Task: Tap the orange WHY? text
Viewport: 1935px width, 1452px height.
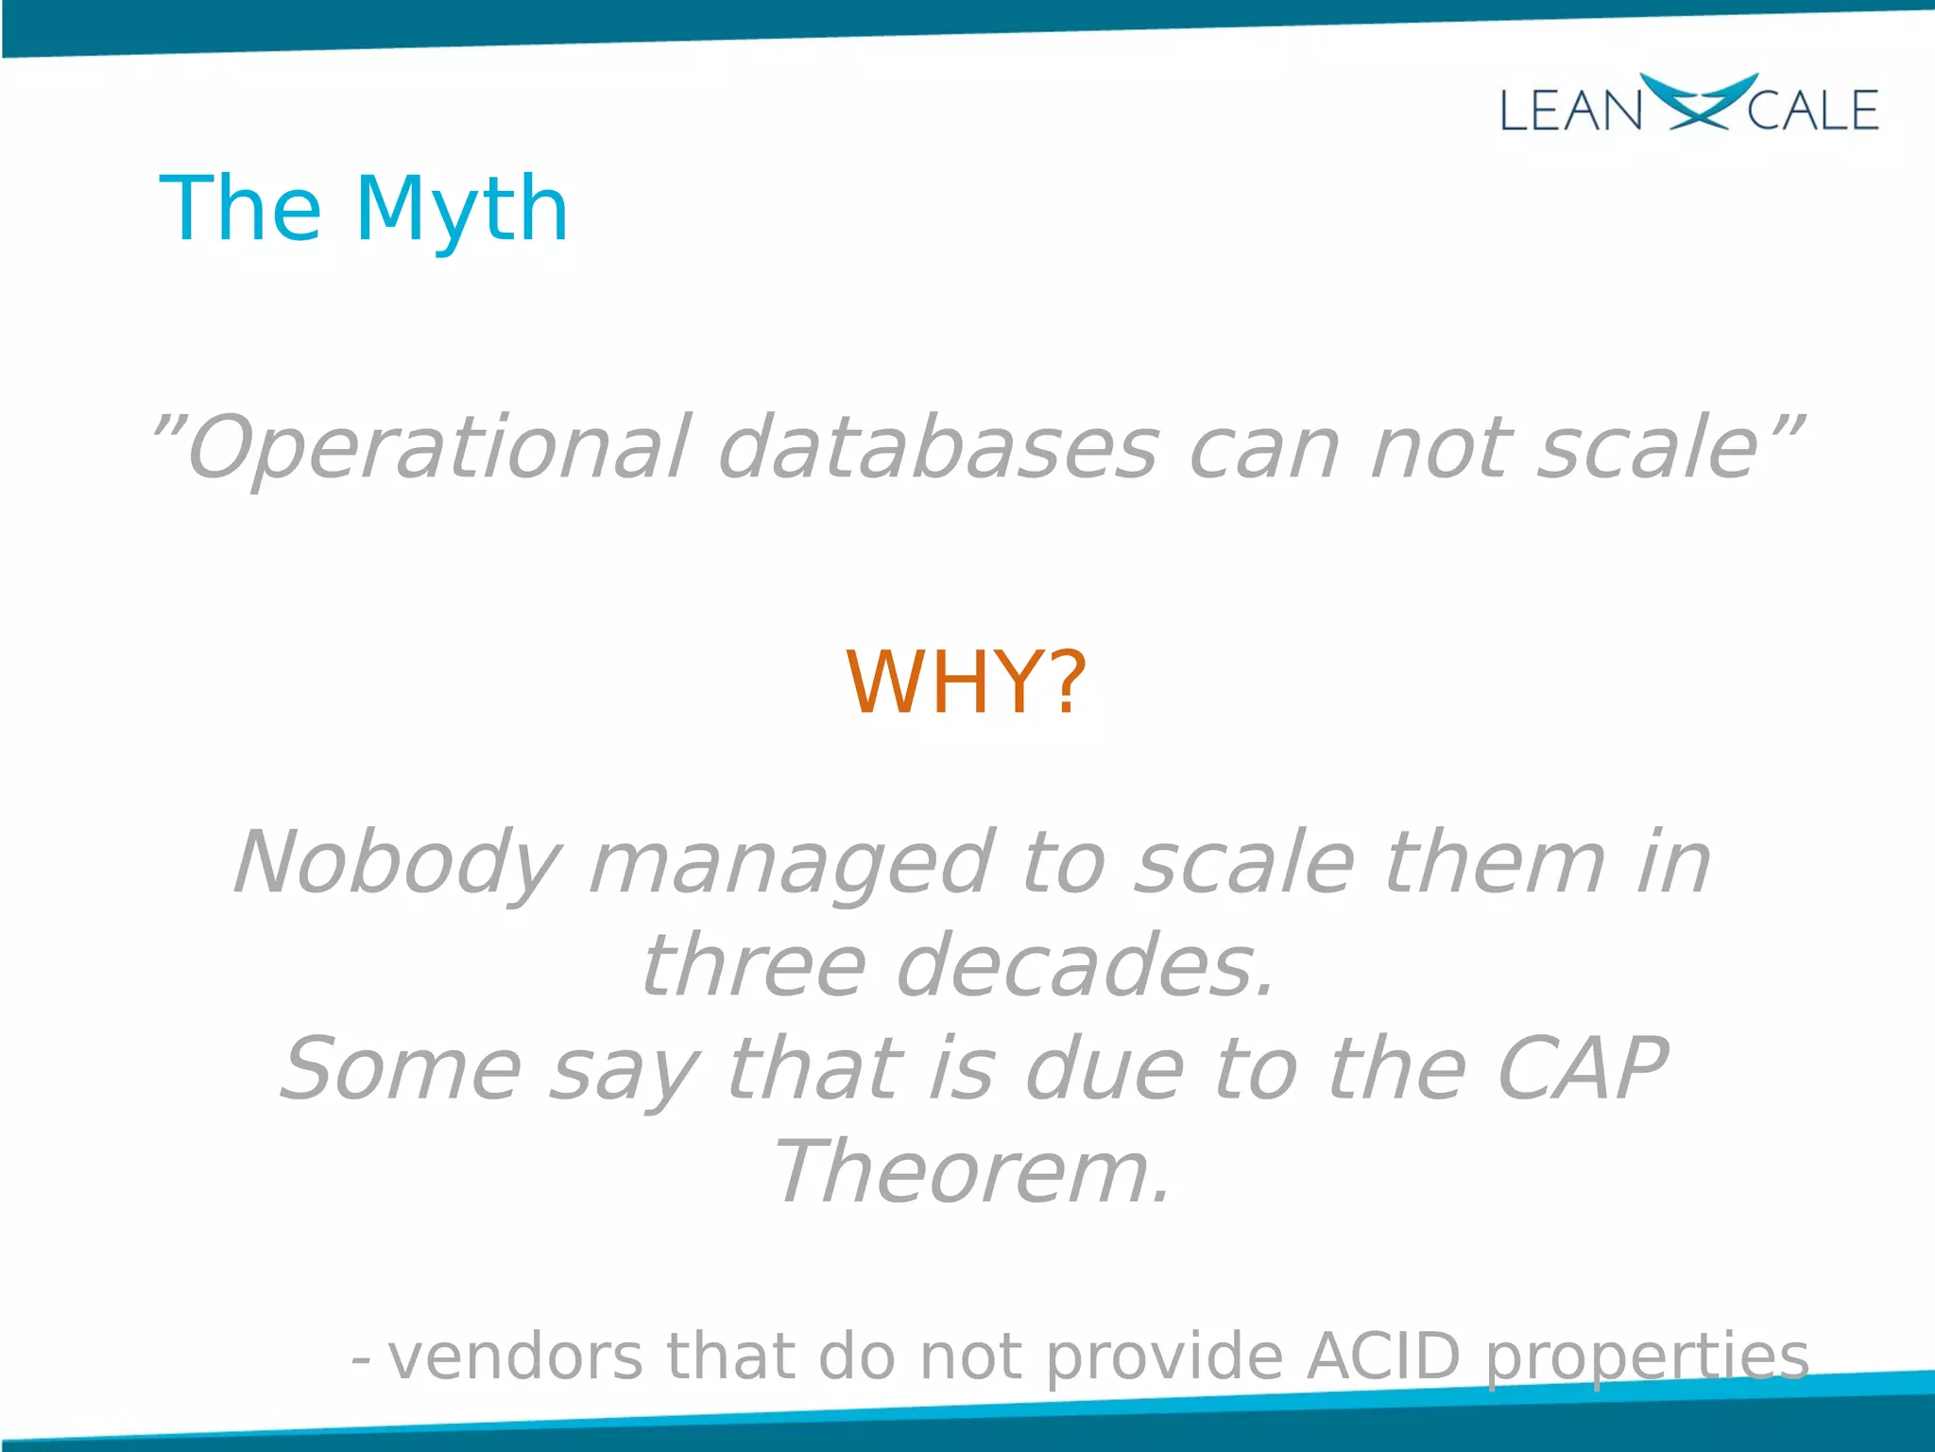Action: pos(966,683)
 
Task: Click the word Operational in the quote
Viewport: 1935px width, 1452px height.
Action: pos(439,448)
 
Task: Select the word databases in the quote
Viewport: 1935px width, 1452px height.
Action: pos(937,448)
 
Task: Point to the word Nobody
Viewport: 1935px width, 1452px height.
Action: pos(397,863)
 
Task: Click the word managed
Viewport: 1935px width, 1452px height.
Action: pos(790,863)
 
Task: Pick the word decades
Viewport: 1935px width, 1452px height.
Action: pos(1085,966)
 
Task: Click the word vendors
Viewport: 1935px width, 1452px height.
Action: pos(516,1357)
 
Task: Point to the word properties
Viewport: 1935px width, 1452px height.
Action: pos(1647,1357)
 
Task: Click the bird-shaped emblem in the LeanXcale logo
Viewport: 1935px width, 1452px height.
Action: pos(1698,101)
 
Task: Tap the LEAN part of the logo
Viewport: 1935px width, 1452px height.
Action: pos(1570,111)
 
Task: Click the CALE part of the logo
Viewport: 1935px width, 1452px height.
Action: pos(1812,111)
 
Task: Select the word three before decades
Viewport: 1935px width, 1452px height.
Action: pos(753,966)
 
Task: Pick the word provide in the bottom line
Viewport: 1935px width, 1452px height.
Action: pos(1164,1357)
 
